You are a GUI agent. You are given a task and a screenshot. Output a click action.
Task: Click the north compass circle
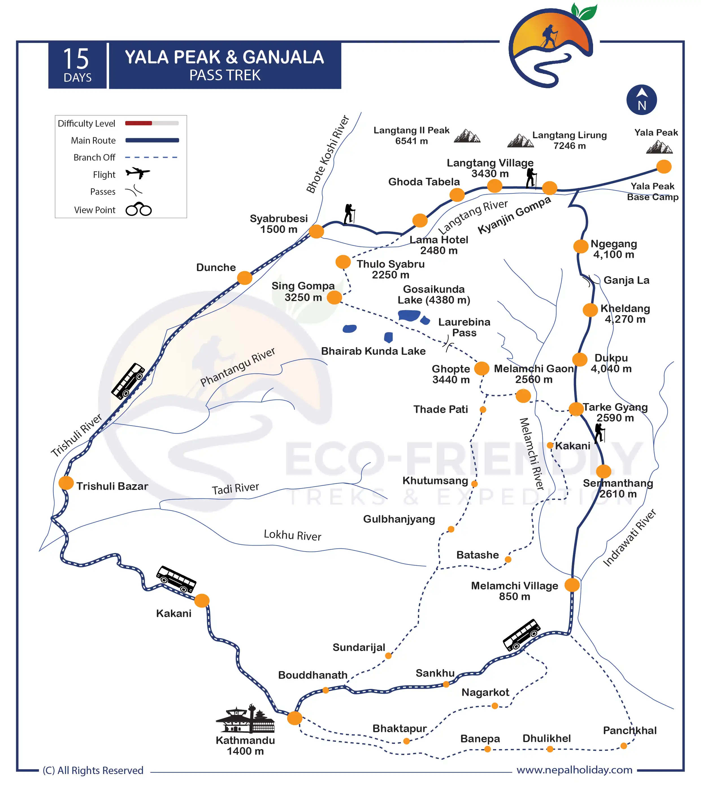641,100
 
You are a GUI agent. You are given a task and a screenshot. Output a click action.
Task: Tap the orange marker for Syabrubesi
316,231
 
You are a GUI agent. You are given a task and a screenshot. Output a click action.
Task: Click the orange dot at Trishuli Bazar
66,483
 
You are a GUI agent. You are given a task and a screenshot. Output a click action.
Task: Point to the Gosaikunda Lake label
434,295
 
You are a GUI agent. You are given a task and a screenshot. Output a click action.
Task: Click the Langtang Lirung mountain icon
520,141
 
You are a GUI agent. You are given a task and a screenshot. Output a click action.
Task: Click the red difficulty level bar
139,123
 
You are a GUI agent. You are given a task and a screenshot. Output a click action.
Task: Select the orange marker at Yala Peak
664,167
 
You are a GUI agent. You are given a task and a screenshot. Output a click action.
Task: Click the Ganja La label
626,280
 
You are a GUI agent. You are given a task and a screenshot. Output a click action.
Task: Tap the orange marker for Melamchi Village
572,585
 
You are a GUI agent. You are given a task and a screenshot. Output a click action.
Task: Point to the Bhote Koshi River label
327,154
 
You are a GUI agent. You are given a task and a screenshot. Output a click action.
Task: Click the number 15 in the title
76,59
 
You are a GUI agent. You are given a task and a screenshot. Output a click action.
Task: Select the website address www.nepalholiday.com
574,770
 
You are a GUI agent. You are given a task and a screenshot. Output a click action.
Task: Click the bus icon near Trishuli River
128,380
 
